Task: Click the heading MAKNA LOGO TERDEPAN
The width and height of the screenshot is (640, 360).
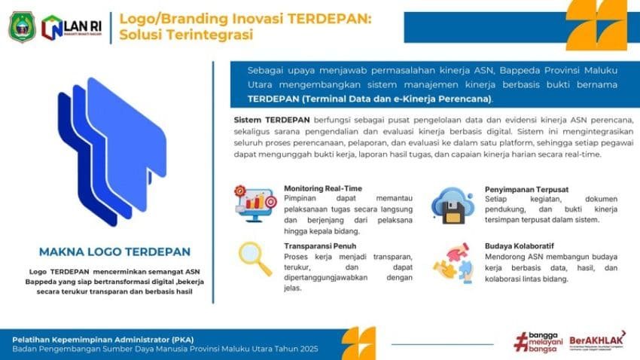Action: click(114, 252)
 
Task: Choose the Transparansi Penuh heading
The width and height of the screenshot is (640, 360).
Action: click(319, 246)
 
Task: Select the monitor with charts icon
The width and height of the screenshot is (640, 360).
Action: click(254, 203)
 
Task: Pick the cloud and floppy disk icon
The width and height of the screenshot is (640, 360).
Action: click(452, 204)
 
